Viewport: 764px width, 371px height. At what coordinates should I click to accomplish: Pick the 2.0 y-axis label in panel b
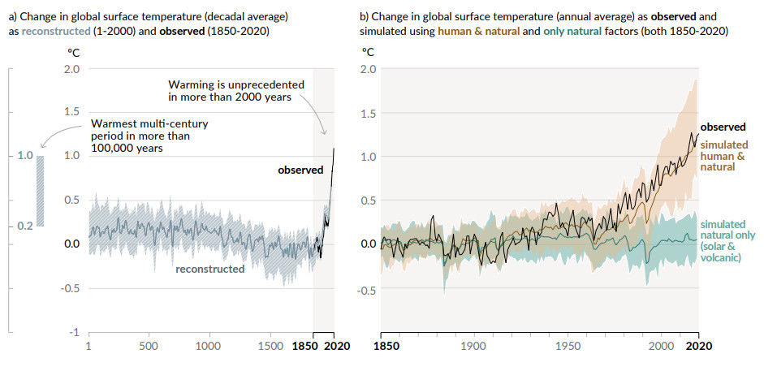(367, 69)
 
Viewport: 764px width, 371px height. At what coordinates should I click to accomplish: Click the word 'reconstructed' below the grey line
(209, 269)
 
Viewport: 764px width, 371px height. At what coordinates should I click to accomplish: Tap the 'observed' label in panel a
(300, 170)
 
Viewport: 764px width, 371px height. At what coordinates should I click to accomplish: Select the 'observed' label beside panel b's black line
(723, 127)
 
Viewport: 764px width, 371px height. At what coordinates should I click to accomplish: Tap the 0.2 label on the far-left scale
(24, 226)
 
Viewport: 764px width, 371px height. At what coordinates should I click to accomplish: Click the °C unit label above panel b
(368, 52)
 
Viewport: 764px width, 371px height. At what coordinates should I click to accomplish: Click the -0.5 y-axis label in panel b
(365, 290)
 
